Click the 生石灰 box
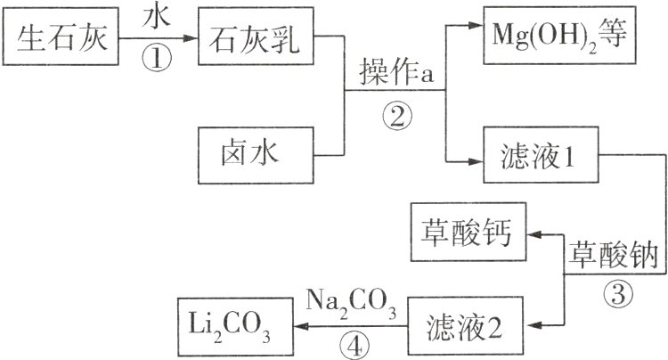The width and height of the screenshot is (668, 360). [x=62, y=39]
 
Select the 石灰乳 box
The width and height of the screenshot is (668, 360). [x=257, y=39]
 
